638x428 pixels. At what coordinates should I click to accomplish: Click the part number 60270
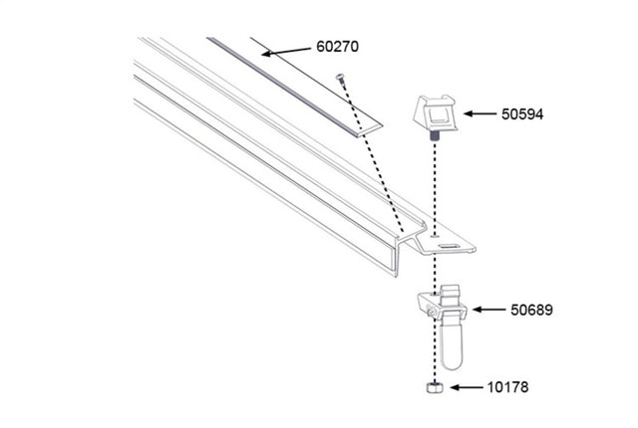pyautogui.click(x=338, y=48)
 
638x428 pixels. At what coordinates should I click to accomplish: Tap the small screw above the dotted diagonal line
pyautogui.click(x=341, y=76)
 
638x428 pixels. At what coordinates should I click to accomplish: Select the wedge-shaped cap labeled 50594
pyautogui.click(x=436, y=113)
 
